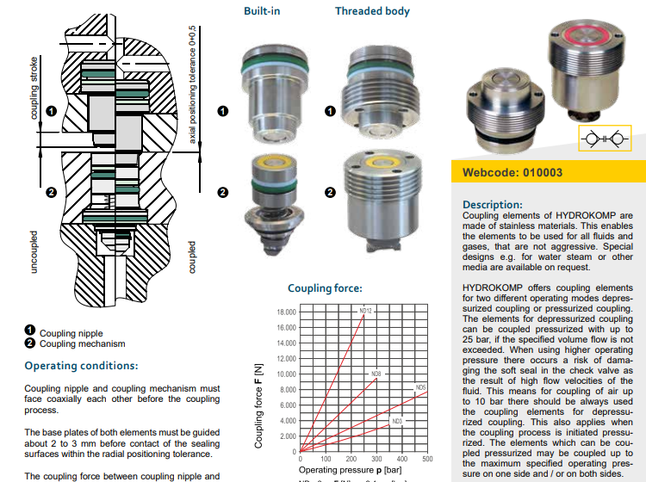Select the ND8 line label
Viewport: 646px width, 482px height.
point(376,374)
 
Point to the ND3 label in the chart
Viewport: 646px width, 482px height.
point(396,421)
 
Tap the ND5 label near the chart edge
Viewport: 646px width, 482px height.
point(420,388)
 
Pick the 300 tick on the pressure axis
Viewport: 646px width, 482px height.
point(376,460)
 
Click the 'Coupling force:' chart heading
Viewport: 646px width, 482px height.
point(325,288)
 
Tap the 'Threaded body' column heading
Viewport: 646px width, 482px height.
point(372,11)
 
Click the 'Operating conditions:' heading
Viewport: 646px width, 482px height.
point(82,366)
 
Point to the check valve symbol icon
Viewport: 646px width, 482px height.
point(603,139)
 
